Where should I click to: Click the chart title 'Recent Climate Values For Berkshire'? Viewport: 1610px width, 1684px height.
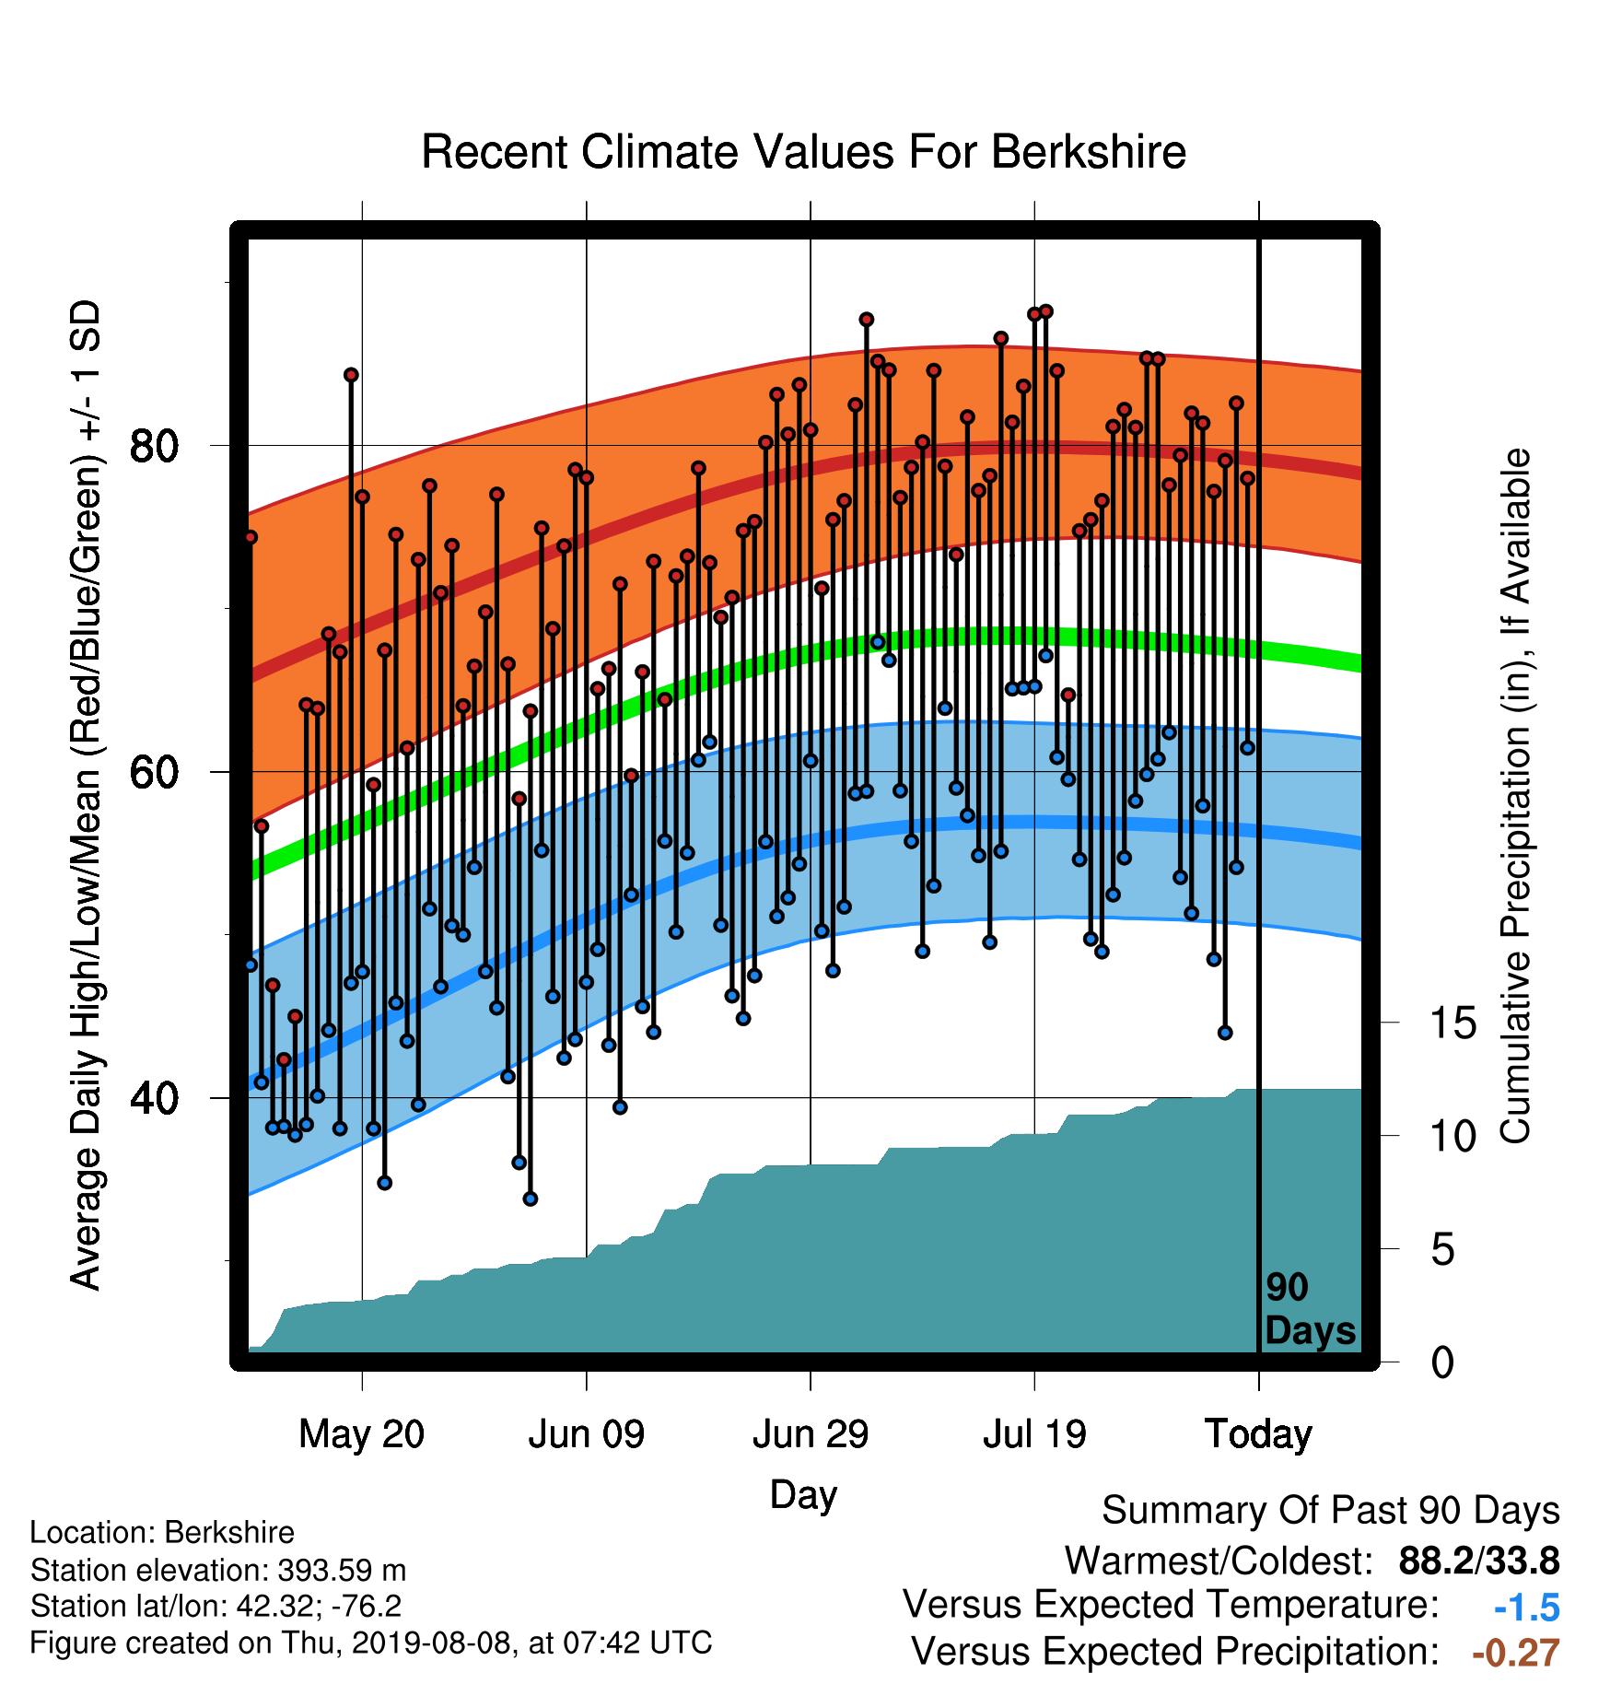coord(803,152)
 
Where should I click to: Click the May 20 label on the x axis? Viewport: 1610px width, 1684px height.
coord(362,1434)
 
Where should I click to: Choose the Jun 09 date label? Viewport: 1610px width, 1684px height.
coord(587,1434)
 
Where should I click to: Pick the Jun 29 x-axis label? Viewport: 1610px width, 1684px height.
coord(811,1434)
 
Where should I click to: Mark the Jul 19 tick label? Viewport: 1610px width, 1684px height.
coord(1034,1434)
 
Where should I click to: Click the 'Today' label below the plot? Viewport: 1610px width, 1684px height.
coord(1259,1434)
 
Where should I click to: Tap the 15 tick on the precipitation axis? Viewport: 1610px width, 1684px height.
coord(1452,1023)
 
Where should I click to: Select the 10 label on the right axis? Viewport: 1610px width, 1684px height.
coord(1452,1137)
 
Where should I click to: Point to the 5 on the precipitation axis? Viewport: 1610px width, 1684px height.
coord(1442,1250)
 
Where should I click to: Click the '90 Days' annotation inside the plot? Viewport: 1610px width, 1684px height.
coord(1310,1309)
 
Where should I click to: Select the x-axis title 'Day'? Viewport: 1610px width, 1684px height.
coord(803,1495)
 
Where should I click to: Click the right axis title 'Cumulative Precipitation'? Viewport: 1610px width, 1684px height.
coord(1515,798)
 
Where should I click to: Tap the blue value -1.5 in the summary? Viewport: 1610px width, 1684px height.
coord(1526,1608)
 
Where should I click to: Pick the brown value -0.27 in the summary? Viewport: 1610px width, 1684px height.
coord(1516,1653)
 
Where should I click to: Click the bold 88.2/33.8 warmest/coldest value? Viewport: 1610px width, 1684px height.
coord(1479,1561)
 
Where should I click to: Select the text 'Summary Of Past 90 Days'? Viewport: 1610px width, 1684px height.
coord(1331,1511)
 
